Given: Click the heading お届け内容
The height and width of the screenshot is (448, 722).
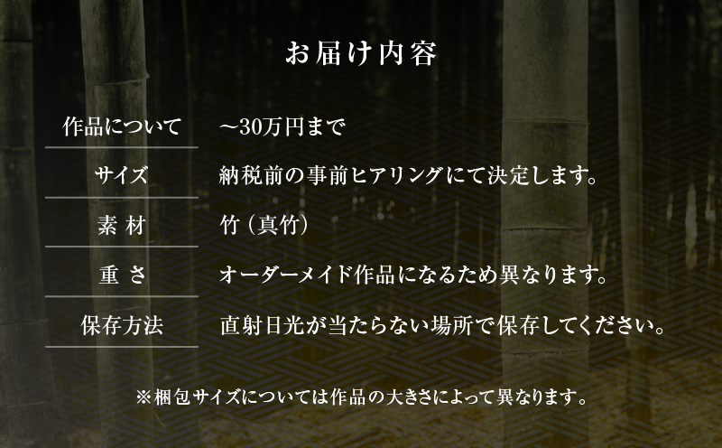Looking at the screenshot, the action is click(x=361, y=54).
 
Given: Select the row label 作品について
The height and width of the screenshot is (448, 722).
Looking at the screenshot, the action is click(x=122, y=126).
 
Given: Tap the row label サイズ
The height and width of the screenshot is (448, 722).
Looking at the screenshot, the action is click(x=122, y=175).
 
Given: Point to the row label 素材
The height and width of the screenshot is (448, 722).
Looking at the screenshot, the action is click(x=122, y=226).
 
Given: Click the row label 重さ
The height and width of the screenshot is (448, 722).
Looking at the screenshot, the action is click(x=122, y=275).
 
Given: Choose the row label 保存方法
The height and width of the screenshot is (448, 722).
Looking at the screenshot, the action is click(x=122, y=325).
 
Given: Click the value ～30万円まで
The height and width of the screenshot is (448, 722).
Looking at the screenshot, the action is click(x=282, y=126).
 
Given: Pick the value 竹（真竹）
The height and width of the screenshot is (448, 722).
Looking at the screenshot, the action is click(x=264, y=226).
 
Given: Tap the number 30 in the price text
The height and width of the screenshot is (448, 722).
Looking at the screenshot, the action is click(x=250, y=127).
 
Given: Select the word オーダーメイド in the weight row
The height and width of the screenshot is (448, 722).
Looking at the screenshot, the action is click(x=285, y=275).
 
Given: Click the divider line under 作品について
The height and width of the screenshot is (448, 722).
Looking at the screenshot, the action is click(x=122, y=147).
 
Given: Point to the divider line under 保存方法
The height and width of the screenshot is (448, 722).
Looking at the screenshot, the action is click(x=122, y=347).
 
